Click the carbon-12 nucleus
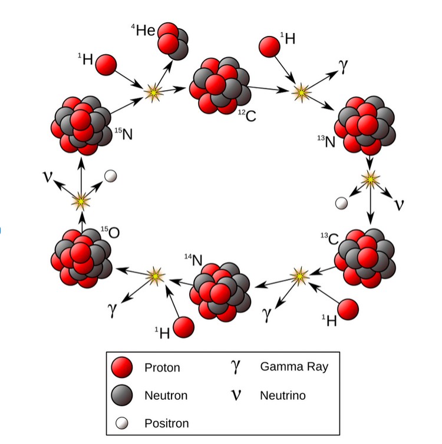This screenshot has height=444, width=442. (218, 86)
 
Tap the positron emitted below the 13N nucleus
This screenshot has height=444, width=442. (341, 203)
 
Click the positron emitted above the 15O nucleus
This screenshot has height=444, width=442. (110, 175)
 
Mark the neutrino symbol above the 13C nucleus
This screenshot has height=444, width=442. (400, 204)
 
